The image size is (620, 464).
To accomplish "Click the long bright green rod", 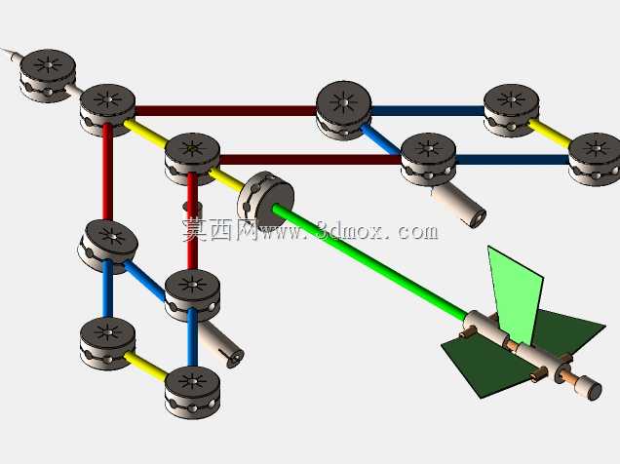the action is [369, 260].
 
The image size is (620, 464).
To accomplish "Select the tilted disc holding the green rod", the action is [266, 201].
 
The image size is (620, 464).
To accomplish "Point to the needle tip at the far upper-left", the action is [2, 49].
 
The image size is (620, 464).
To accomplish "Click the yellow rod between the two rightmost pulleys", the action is [549, 133].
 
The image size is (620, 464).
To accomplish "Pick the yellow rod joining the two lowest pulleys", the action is [145, 366].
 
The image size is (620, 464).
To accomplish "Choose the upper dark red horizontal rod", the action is [226, 110].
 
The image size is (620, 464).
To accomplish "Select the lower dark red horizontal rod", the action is [310, 159].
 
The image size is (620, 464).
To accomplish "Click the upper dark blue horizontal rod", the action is [428, 110].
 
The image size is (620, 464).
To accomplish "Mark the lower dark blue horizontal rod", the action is [513, 159].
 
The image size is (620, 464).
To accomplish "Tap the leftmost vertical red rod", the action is [107, 173].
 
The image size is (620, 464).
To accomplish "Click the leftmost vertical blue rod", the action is [107, 289].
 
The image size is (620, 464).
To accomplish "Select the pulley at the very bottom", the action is [192, 392].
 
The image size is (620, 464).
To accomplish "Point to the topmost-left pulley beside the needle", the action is [48, 75].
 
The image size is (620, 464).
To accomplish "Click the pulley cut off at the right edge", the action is [595, 159].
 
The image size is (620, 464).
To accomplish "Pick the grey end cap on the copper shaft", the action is [592, 389].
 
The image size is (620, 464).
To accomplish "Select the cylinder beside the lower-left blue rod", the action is [221, 344].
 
